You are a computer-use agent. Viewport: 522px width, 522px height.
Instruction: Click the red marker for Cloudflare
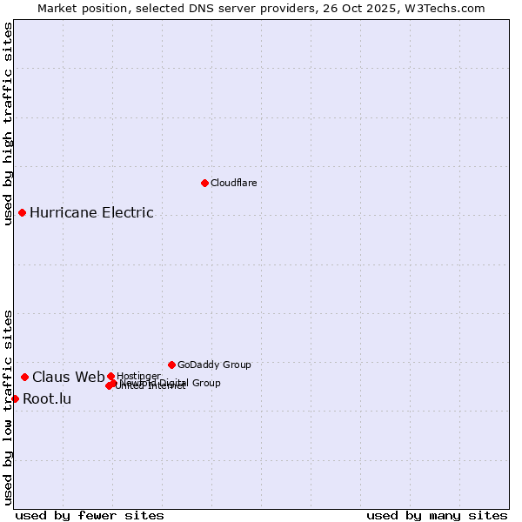coord(204,183)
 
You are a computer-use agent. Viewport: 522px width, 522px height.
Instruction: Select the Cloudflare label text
coord(234,183)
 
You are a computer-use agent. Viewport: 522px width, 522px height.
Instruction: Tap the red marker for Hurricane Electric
coord(22,212)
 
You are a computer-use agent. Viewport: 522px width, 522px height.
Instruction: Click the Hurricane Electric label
coord(91,212)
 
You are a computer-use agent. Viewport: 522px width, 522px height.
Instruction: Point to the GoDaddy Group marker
coord(171,365)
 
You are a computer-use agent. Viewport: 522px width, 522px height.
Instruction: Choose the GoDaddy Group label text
coord(214,365)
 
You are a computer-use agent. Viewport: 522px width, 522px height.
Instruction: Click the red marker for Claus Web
coord(24,377)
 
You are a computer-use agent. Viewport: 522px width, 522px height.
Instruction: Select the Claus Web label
coord(68,377)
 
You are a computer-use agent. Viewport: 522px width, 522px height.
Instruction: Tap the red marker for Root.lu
coord(15,398)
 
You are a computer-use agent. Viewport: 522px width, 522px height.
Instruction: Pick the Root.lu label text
coord(47,399)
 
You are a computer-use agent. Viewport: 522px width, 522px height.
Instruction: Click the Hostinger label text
coord(138,376)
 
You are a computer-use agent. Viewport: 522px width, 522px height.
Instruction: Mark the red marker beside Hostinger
coord(110,376)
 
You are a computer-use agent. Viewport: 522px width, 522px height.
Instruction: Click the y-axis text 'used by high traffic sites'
coord(8,124)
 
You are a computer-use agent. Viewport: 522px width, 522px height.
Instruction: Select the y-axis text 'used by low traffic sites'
coord(8,407)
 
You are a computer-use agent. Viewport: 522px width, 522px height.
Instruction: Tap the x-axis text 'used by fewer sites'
coord(90,515)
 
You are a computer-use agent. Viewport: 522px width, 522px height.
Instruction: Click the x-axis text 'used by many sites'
coord(437,515)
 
